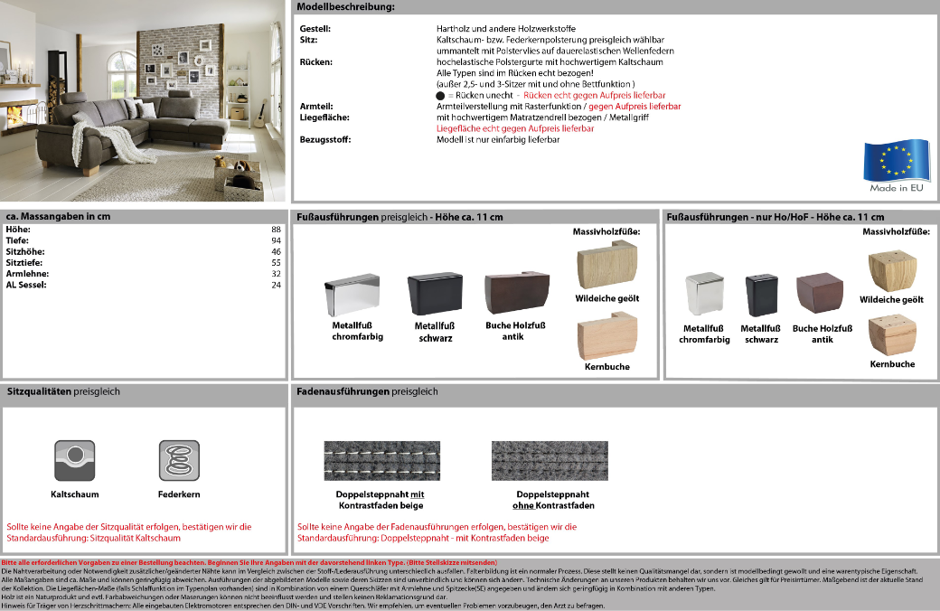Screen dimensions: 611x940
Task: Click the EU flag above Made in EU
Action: pyautogui.click(x=895, y=161)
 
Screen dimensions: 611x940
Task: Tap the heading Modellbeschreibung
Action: pyautogui.click(x=345, y=7)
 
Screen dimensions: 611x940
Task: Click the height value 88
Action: pyautogui.click(x=277, y=230)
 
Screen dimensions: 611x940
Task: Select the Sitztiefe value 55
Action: pyautogui.click(x=277, y=262)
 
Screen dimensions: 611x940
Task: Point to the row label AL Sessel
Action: pyautogui.click(x=26, y=285)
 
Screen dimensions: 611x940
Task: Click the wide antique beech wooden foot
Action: pyautogui.click(x=516, y=293)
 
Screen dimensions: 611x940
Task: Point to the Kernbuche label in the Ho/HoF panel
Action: pyautogui.click(x=892, y=364)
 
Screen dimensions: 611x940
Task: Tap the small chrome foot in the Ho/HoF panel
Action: pyautogui.click(x=703, y=295)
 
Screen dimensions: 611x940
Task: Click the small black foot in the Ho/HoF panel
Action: pyautogui.click(x=761, y=295)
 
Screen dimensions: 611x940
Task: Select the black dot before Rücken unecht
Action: pyautogui.click(x=440, y=95)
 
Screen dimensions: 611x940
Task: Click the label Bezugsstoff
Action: pyautogui.click(x=324, y=139)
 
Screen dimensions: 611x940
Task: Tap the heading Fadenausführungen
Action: pyautogui.click(x=343, y=392)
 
